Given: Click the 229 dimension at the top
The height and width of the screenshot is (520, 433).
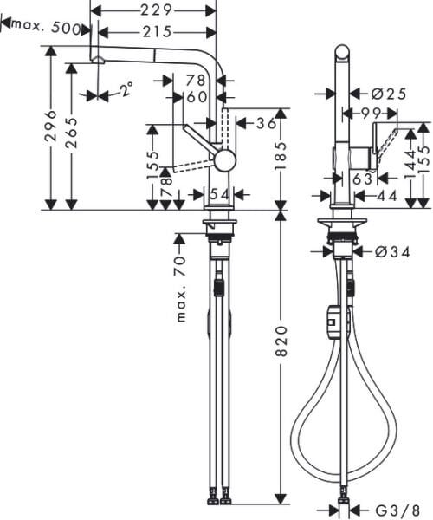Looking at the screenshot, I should pyautogui.click(x=156, y=10).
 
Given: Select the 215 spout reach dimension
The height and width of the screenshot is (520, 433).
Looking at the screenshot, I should pyautogui.click(x=156, y=32).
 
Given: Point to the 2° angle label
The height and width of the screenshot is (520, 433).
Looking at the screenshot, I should pyautogui.click(x=126, y=89).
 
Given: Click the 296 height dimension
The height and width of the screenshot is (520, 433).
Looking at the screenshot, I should pyautogui.click(x=51, y=127).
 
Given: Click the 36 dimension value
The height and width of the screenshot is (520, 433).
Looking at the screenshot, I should pyautogui.click(x=265, y=124).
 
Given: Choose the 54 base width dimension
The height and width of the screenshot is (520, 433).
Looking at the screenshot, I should pyautogui.click(x=219, y=193).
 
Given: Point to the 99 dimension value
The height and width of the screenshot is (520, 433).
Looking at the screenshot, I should pyautogui.click(x=372, y=113).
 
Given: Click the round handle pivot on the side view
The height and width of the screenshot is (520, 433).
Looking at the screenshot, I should pyautogui.click(x=224, y=159).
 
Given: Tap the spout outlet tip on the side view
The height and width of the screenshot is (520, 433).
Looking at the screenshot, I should pyautogui.click(x=98, y=60).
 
